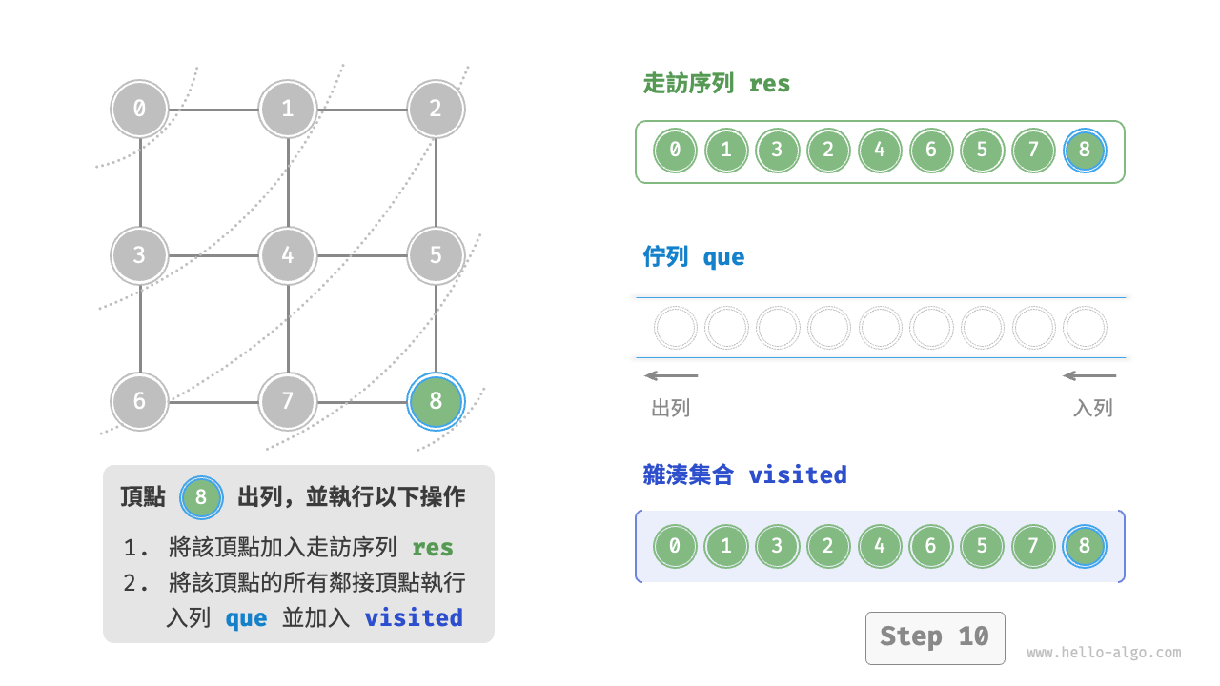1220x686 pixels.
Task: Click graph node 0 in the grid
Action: (140, 109)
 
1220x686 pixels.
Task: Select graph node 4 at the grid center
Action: (288, 255)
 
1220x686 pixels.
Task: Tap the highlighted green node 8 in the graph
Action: (436, 401)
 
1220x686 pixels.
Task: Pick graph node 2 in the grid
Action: (436, 109)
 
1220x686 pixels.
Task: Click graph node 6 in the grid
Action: (140, 401)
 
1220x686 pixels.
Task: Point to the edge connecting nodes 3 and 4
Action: (213, 255)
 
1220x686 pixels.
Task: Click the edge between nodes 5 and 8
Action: (436, 329)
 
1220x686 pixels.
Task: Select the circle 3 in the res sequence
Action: (778, 151)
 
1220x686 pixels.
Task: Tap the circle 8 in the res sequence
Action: (1085, 151)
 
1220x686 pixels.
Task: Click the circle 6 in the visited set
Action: (931, 547)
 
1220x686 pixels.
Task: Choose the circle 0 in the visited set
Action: (675, 547)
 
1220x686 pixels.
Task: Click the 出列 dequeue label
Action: (670, 408)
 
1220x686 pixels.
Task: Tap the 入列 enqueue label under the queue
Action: (1092, 408)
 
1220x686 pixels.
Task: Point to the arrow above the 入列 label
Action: (1089, 375)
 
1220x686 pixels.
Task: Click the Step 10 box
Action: (934, 637)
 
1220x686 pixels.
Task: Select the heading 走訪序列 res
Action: (717, 84)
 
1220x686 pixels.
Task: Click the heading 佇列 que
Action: (694, 257)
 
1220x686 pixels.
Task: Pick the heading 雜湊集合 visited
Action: (744, 474)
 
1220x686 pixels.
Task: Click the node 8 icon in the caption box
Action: (201, 496)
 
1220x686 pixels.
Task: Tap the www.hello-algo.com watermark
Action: (1104, 653)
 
